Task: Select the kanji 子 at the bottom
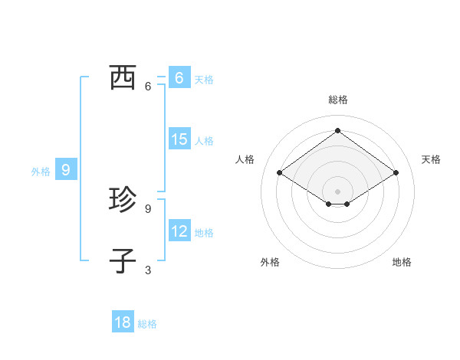pyautogui.click(x=123, y=260)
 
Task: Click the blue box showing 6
pyautogui.click(x=179, y=77)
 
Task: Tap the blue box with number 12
pyautogui.click(x=179, y=231)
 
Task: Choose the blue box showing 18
pyautogui.click(x=123, y=322)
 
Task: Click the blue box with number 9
pyautogui.click(x=66, y=170)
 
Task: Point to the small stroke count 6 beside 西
pyautogui.click(x=148, y=86)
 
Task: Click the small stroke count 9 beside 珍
pyautogui.click(x=148, y=208)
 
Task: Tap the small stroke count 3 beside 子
pyautogui.click(x=148, y=270)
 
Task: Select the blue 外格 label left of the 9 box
pyautogui.click(x=41, y=172)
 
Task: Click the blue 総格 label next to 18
pyautogui.click(x=147, y=324)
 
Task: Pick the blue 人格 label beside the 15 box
pyautogui.click(x=204, y=141)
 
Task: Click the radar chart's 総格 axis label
pyautogui.click(x=337, y=100)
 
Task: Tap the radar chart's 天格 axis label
pyautogui.click(x=431, y=159)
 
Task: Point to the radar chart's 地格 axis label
pyautogui.click(x=402, y=262)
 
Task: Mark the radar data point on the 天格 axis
pyautogui.click(x=396, y=173)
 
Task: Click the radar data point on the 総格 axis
pyautogui.click(x=337, y=130)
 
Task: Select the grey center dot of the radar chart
pyautogui.click(x=337, y=191)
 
